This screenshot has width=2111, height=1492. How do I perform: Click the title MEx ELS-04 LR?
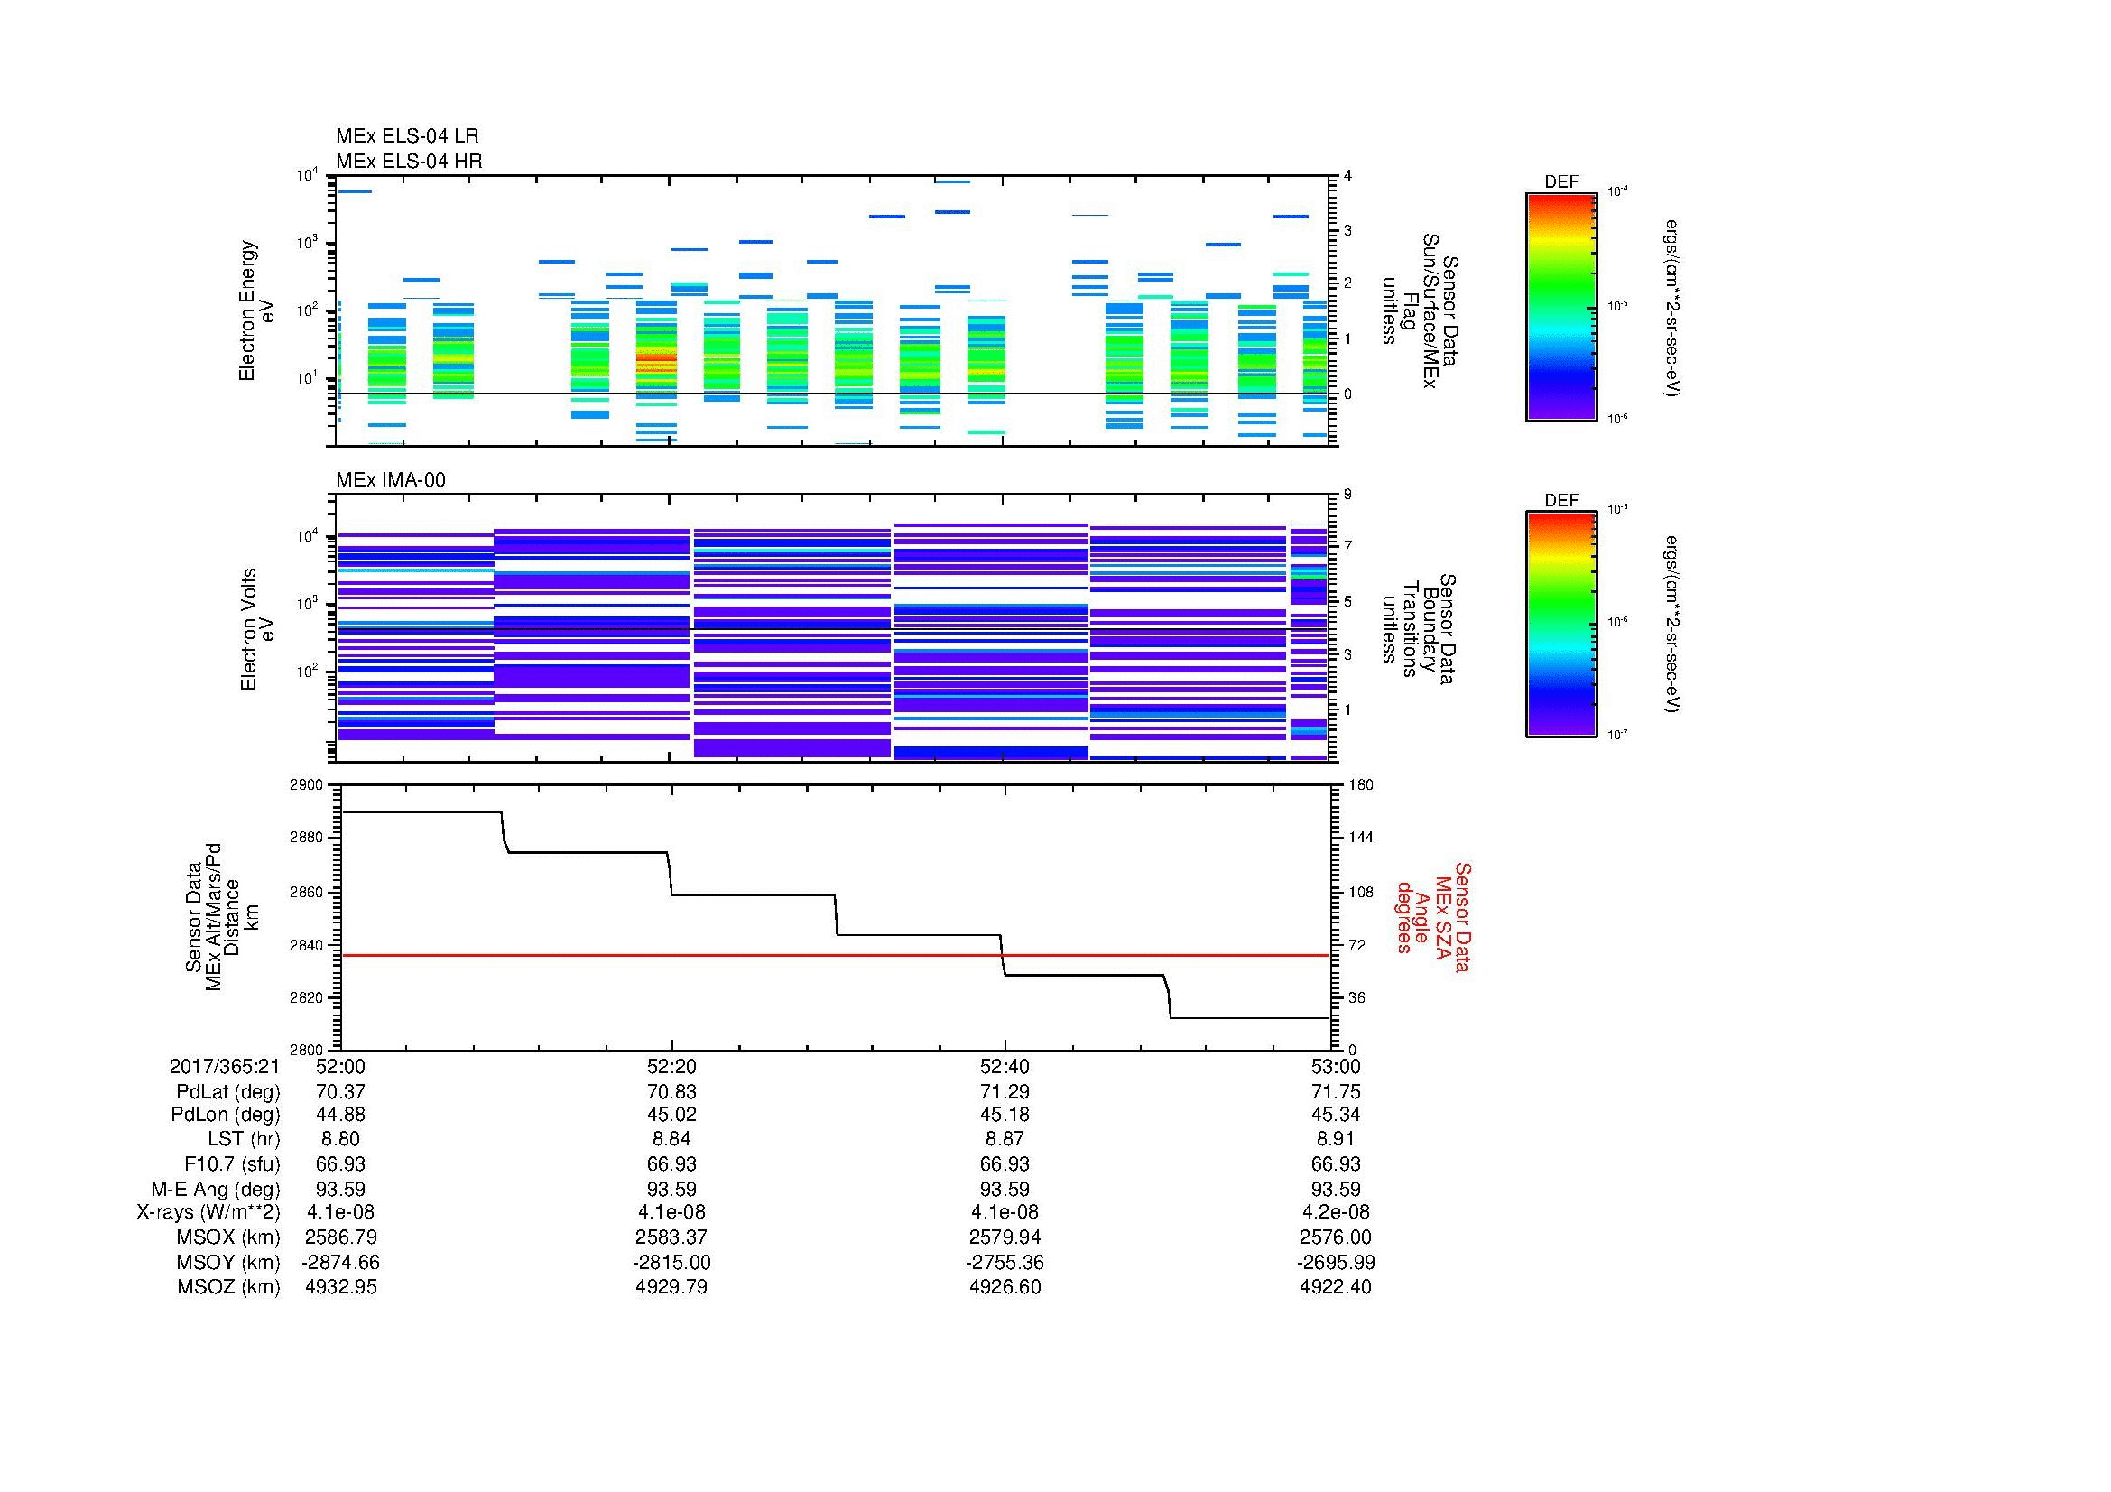406,136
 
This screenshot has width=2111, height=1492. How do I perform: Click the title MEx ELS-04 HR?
408,161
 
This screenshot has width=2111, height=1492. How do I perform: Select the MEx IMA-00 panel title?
390,480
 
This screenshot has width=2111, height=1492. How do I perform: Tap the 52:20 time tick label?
671,1066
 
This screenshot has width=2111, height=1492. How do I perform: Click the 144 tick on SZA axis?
1360,838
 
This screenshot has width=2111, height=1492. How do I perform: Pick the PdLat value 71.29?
1004,1092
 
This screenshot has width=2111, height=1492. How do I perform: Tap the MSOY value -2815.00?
671,1262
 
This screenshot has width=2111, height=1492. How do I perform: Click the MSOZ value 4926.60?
1004,1287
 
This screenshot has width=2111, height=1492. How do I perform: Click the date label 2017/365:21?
224,1066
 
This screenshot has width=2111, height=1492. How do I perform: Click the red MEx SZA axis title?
1433,916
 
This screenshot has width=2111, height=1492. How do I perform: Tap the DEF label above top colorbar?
1560,182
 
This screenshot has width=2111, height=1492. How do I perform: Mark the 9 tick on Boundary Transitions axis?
1347,495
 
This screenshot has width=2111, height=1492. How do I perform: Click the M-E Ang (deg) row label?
215,1189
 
